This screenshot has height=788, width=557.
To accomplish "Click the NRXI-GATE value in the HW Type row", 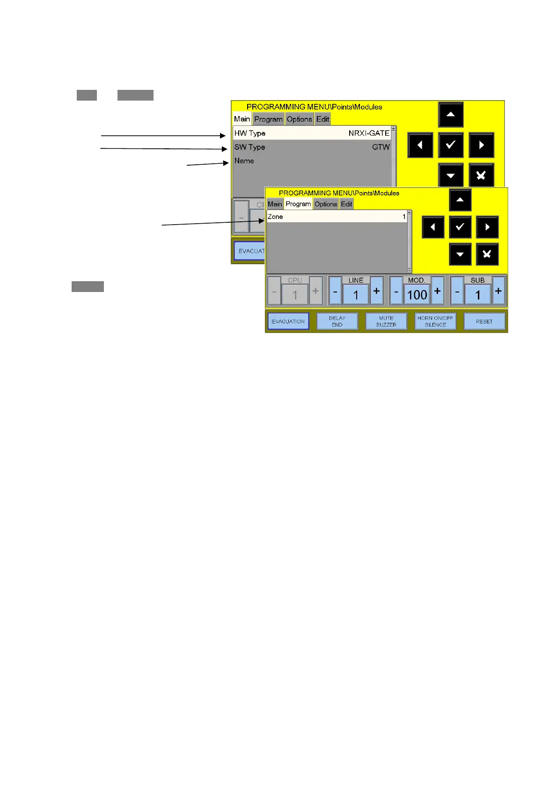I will tap(369, 133).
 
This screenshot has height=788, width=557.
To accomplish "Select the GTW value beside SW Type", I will tap(381, 147).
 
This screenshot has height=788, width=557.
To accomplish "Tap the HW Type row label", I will tap(250, 133).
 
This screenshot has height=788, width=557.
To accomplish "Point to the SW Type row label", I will tap(249, 147).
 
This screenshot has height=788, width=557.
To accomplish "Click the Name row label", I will tap(244, 161).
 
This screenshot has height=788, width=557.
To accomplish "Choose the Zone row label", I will tap(275, 217).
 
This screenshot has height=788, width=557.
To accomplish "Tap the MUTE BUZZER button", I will tap(386, 321).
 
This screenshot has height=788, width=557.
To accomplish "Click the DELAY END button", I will tap(337, 321).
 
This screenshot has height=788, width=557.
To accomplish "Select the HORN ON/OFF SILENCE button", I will tap(435, 321).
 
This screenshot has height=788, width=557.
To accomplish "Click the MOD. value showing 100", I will tap(417, 295).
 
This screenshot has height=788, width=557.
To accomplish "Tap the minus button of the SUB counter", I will tap(457, 291).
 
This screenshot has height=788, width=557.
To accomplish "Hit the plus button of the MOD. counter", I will tap(437, 291).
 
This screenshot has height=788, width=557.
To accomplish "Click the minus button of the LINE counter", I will tap(335, 291).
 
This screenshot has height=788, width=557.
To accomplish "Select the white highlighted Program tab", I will tap(298, 204).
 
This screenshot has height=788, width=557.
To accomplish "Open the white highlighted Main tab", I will tap(242, 119).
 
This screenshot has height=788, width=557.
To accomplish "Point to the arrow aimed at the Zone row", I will tap(213, 223).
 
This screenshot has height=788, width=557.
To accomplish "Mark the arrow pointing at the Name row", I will tap(208, 164).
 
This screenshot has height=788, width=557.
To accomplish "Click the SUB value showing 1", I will tap(477, 295).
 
